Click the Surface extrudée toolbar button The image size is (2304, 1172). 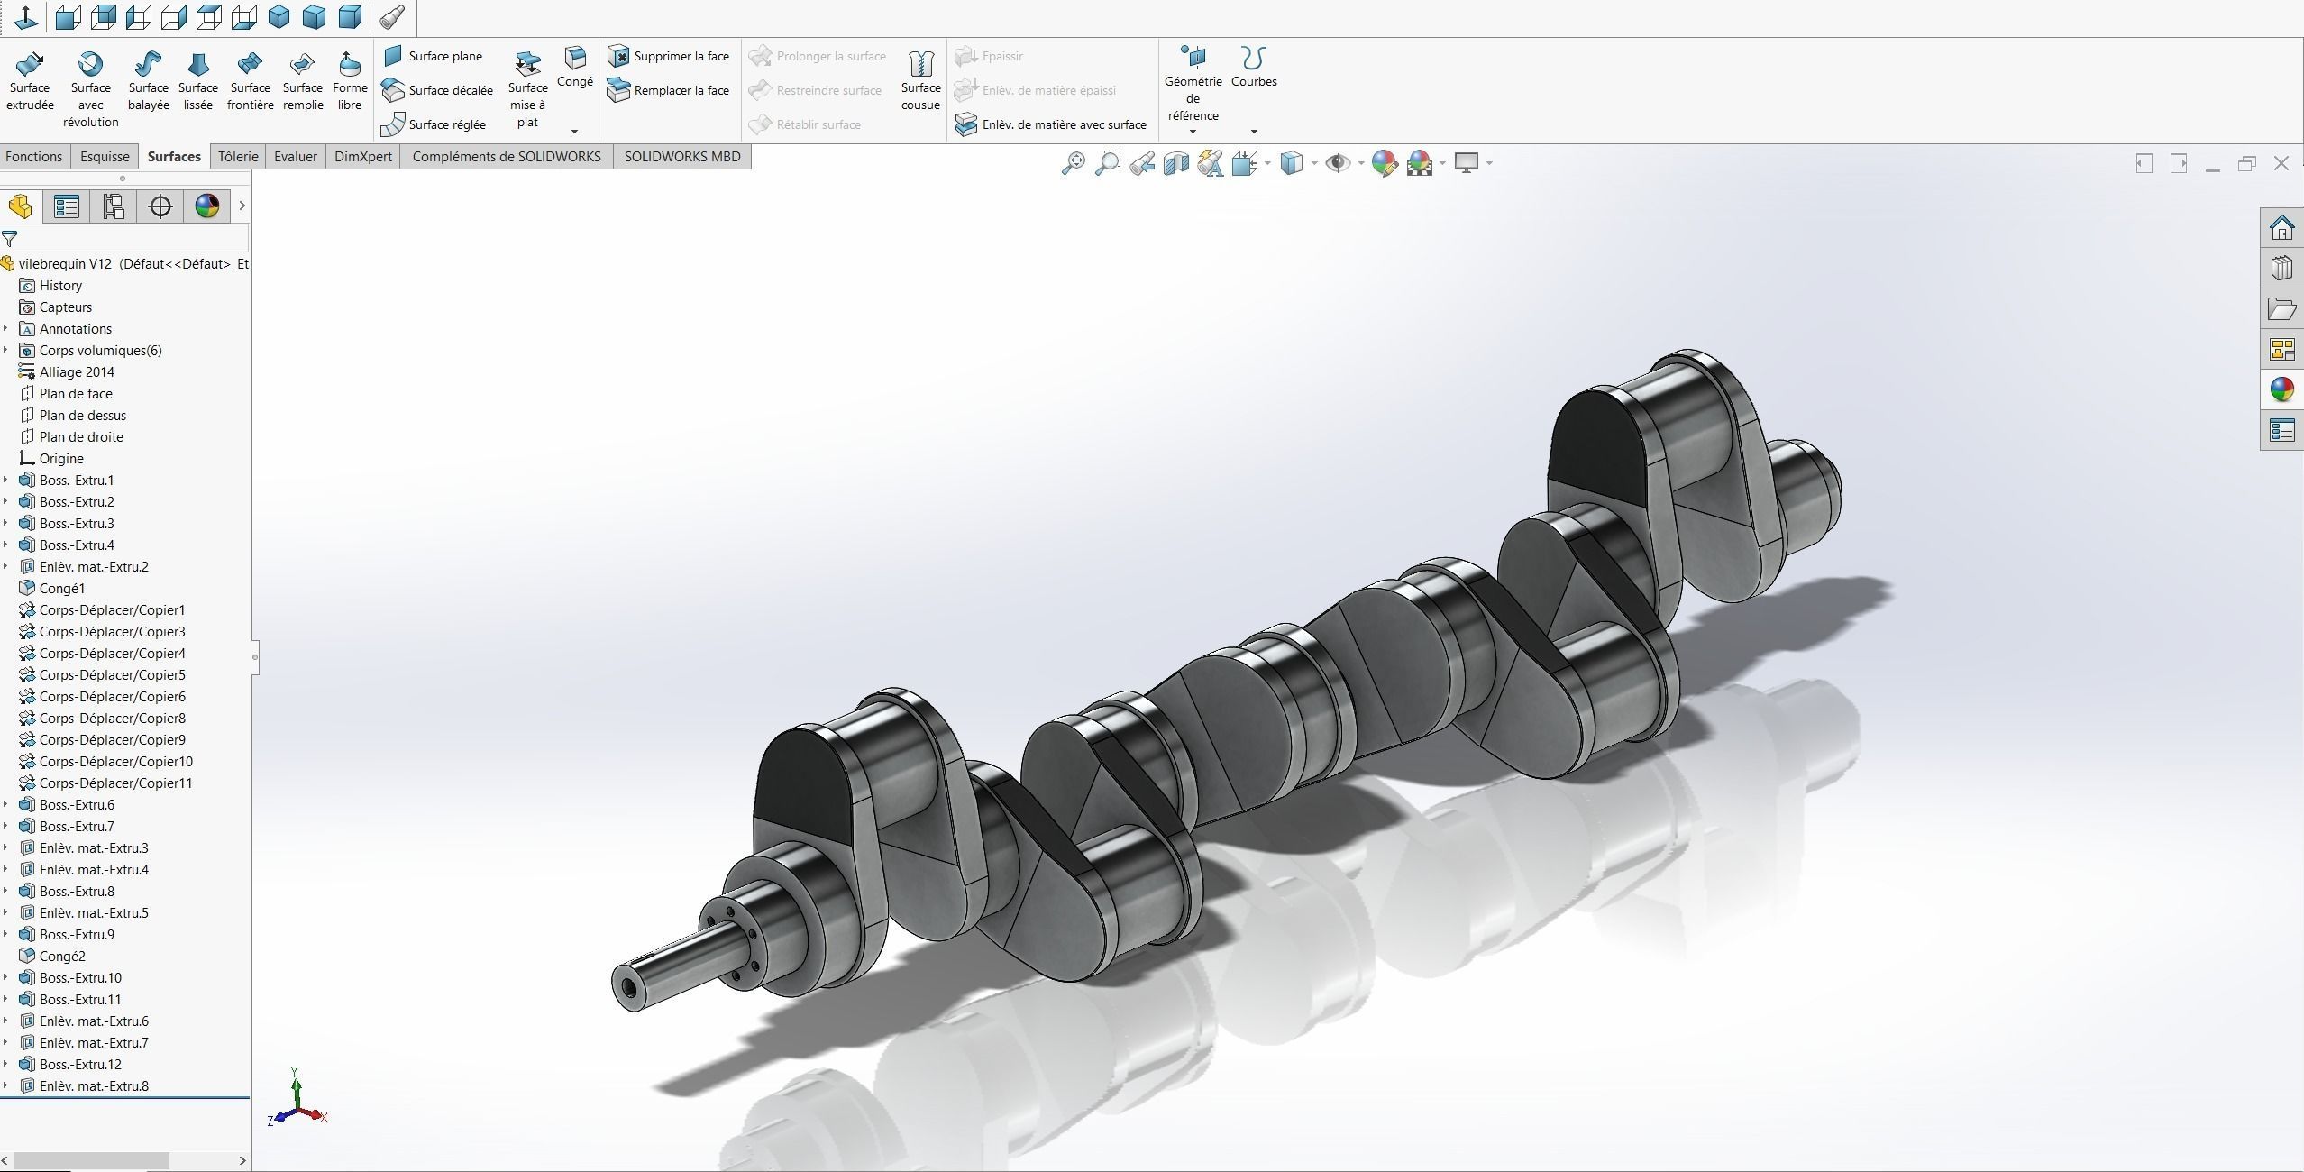click(x=30, y=80)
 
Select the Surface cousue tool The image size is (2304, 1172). click(x=919, y=80)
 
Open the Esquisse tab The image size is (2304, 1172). click(x=105, y=157)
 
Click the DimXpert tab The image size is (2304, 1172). click(x=362, y=157)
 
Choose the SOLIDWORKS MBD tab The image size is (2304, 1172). click(x=681, y=157)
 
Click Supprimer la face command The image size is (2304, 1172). click(x=668, y=56)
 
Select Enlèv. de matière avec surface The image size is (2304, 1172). click(x=1051, y=124)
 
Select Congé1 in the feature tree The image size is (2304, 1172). click(x=61, y=589)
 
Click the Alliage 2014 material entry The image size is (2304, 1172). click(x=77, y=372)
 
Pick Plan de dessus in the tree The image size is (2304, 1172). click(x=82, y=416)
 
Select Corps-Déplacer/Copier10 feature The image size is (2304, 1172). click(x=115, y=762)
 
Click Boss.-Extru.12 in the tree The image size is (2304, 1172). click(x=80, y=1065)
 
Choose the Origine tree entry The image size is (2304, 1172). click(x=60, y=459)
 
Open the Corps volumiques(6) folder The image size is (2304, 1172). click(x=100, y=351)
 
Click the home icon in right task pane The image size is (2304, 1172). click(x=2281, y=227)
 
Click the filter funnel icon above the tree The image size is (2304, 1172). click(x=10, y=239)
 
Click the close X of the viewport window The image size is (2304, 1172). click(x=2281, y=163)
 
